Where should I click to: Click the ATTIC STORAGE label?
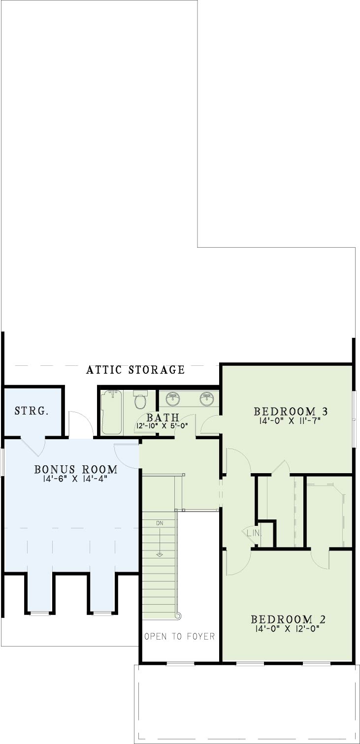[x=135, y=370]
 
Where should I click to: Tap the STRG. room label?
[x=32, y=411]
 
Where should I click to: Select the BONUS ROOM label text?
[x=76, y=469]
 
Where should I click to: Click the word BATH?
[x=163, y=417]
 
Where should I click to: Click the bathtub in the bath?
[x=112, y=412]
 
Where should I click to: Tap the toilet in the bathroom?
[x=140, y=399]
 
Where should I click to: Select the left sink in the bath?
[x=172, y=398]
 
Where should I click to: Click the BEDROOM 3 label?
[x=291, y=412]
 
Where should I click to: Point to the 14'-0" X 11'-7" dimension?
[x=290, y=421]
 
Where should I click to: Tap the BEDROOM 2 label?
[x=288, y=619]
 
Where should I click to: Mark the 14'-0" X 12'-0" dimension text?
[x=288, y=628]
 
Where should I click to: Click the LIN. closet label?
[x=254, y=533]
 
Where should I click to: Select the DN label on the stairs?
[x=160, y=523]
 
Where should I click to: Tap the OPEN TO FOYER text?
[x=179, y=636]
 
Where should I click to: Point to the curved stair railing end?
[x=179, y=616]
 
